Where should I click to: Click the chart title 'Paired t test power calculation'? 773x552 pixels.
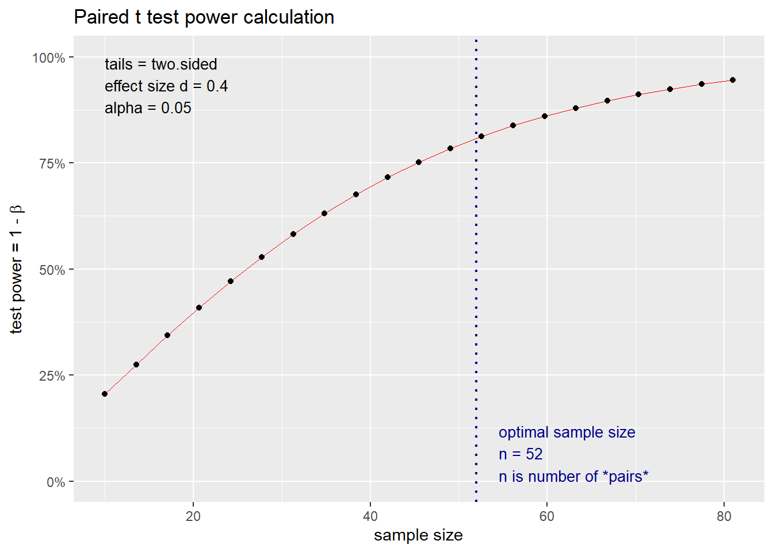[x=204, y=17]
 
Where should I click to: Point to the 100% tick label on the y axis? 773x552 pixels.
[x=49, y=57]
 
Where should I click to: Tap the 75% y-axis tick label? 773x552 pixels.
[x=52, y=164]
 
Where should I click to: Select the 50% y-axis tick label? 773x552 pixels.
[x=52, y=270]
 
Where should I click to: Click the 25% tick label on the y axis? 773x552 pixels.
[x=52, y=376]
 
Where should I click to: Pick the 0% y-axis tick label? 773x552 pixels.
[x=56, y=482]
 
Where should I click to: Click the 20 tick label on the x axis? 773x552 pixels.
[x=193, y=516]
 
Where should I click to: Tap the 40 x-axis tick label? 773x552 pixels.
[x=370, y=516]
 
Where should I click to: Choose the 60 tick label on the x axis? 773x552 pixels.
[x=546, y=516]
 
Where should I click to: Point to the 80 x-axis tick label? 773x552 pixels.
[x=724, y=516]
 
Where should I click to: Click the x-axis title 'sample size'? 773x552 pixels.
[x=418, y=535]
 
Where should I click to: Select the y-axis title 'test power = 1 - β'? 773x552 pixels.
[x=16, y=269]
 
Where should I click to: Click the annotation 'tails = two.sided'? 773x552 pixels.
[x=161, y=64]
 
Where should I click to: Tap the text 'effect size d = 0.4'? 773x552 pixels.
[x=166, y=86]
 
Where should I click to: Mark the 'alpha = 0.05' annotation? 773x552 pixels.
[x=148, y=108]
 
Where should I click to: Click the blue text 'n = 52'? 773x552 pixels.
[x=521, y=454]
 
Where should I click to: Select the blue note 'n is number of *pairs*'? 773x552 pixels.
[x=573, y=477]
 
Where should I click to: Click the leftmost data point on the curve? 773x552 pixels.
[x=105, y=394]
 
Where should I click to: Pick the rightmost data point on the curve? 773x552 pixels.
[x=732, y=80]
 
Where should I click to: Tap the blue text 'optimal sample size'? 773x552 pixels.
[x=567, y=432]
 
